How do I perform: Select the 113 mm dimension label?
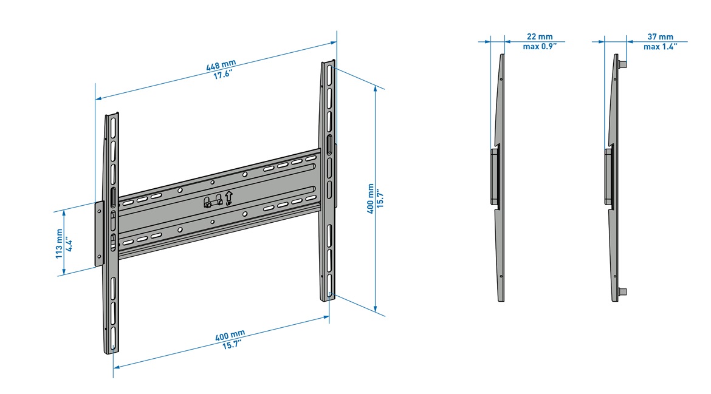59,243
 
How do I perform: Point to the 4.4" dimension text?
69,244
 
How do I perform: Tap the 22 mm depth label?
540,37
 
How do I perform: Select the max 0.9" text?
540,46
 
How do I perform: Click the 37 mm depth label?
661,37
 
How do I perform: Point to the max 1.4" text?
661,46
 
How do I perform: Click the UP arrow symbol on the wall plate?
228,197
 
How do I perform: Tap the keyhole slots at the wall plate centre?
212,202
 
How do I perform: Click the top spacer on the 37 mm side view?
623,63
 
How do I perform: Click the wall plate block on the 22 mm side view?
495,176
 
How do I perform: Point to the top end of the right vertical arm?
328,63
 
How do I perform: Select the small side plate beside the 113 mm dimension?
100,234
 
